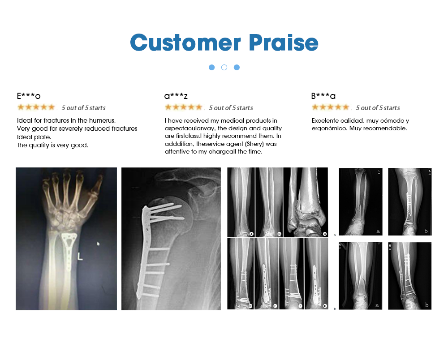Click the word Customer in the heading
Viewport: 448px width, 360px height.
click(185, 43)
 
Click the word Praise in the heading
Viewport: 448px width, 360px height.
click(284, 43)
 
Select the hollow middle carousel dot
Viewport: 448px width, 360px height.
click(224, 67)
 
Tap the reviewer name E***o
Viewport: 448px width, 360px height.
click(29, 96)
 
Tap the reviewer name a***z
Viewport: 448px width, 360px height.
click(176, 96)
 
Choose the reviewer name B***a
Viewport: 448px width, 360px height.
click(323, 96)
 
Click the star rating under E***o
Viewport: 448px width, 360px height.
click(36, 107)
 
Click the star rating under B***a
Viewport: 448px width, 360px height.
click(331, 107)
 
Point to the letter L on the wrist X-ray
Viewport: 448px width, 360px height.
click(80, 257)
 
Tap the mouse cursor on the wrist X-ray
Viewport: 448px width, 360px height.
click(98, 244)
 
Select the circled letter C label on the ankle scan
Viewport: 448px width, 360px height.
click(325, 234)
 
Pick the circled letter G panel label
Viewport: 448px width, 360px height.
click(325, 306)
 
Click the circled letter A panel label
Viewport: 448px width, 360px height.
click(251, 234)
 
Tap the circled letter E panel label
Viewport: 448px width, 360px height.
click(276, 306)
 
